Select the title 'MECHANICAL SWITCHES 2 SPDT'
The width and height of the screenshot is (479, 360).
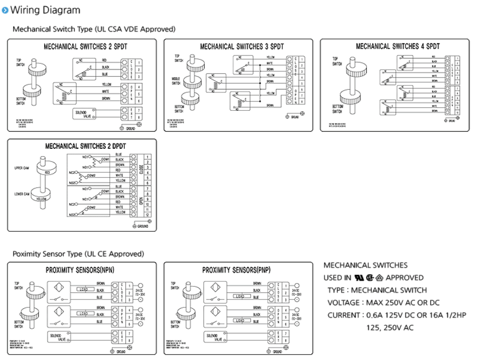pos(82,48)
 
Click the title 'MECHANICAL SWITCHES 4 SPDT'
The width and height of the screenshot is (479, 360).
pos(398,47)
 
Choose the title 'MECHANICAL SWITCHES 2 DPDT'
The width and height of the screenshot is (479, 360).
pos(82,146)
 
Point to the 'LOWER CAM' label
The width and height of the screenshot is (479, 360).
pos(22,194)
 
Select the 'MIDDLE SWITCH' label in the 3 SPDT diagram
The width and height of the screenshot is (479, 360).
pos(176,80)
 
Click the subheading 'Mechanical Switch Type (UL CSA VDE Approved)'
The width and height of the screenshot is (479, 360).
pos(94,29)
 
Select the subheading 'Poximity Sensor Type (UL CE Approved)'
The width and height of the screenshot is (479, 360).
pos(78,254)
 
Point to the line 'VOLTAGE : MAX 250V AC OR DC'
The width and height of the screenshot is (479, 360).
pos(382,302)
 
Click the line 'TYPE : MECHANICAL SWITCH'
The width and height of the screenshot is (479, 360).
pos(377,290)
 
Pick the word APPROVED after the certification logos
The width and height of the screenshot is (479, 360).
pos(404,278)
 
